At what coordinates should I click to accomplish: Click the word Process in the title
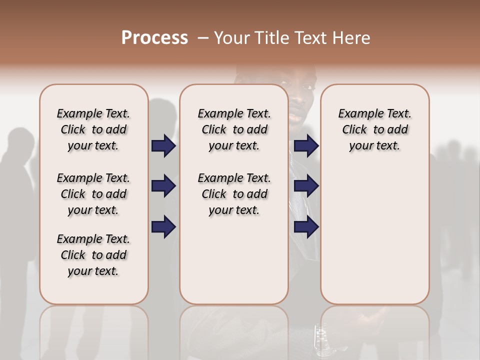click(154, 38)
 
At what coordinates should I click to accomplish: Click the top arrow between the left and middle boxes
click(163, 145)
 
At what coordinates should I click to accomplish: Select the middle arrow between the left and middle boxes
click(163, 186)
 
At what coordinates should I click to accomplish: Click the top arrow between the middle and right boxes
click(306, 145)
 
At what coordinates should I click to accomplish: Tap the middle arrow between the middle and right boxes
click(306, 186)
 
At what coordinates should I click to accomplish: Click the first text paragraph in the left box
click(93, 129)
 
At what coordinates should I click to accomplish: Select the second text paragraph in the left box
click(93, 194)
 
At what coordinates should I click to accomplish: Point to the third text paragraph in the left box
click(93, 255)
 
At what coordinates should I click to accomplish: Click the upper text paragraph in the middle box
click(234, 129)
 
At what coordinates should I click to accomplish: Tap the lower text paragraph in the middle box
click(234, 194)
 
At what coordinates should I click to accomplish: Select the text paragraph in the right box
click(374, 129)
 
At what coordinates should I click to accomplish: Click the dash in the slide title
click(202, 38)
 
